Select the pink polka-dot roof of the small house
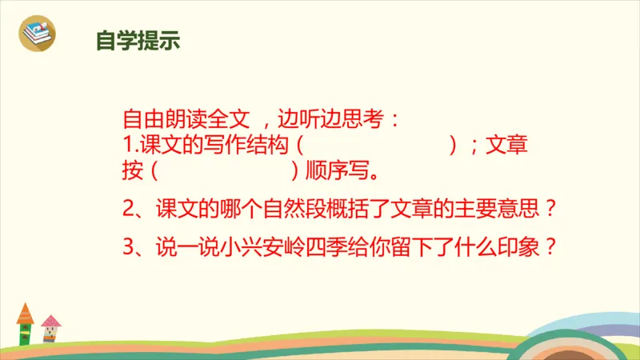point(51,321)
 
